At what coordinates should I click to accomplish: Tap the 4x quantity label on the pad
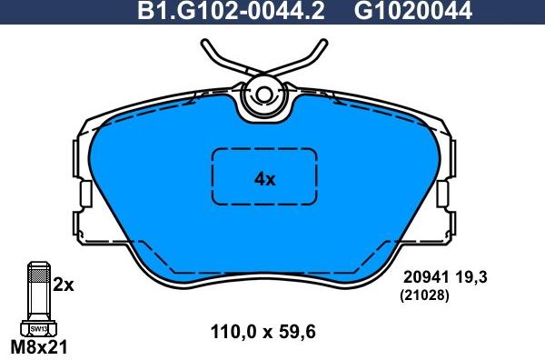point(264,179)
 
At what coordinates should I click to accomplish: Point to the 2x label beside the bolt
point(63,285)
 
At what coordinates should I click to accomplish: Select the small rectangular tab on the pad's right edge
point(442,195)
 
